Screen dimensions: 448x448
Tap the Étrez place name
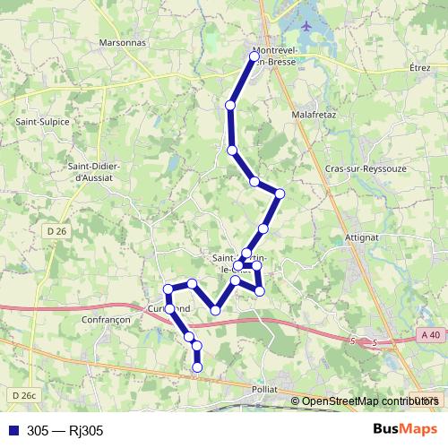point(419,67)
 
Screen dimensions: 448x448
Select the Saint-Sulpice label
point(37,120)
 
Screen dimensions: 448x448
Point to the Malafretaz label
point(314,116)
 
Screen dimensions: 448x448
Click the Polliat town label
point(264,390)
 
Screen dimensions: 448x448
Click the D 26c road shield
point(24,394)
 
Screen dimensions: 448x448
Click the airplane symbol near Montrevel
point(307,24)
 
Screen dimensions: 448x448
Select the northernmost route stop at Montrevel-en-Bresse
point(254,56)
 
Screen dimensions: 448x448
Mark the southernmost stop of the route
point(197,366)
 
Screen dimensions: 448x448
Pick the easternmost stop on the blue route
point(280,194)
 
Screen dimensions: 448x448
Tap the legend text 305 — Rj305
point(65,430)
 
